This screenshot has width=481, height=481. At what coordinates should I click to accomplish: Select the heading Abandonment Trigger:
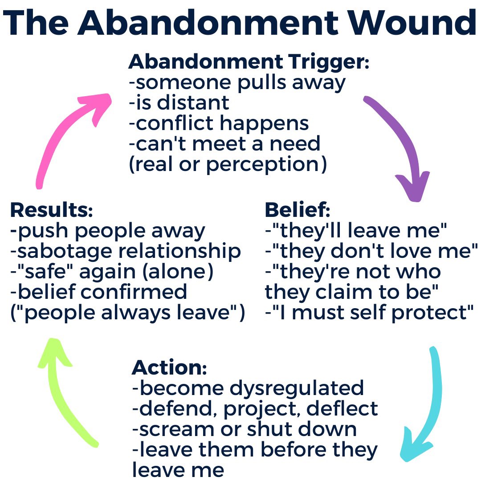[x=249, y=62]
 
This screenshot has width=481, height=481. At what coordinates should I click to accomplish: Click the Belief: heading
[x=298, y=210]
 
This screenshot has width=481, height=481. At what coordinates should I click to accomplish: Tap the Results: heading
[x=51, y=210]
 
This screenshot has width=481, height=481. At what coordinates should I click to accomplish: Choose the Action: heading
[x=169, y=367]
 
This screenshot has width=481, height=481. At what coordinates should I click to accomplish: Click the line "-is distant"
[x=179, y=103]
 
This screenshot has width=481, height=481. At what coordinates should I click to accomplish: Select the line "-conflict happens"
[x=218, y=123]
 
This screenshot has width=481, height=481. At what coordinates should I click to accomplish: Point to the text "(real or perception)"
[x=228, y=164]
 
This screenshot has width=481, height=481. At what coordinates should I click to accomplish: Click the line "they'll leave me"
[x=356, y=230]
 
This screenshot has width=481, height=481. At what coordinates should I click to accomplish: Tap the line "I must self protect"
[x=369, y=312]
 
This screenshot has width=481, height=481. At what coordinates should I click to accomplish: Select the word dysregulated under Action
[x=296, y=388]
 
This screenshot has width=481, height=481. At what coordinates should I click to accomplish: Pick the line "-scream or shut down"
[x=244, y=429]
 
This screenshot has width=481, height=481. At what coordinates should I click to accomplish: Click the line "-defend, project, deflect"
[x=255, y=408]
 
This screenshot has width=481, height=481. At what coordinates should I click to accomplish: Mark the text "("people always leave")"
[x=127, y=312]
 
